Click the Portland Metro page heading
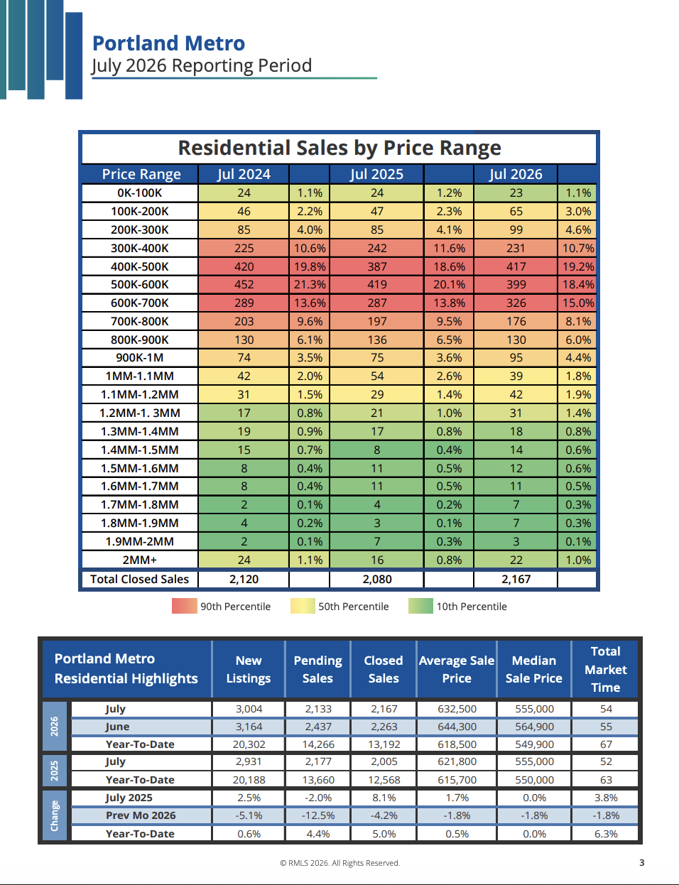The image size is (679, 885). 168,43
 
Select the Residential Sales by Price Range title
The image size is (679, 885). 339,148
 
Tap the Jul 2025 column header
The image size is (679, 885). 376,174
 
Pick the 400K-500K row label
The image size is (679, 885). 140,267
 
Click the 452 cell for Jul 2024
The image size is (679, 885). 244,284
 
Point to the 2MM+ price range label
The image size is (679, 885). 140,560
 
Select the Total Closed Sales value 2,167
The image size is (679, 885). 516,579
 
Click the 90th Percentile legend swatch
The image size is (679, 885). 185,606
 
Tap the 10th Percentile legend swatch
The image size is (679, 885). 420,606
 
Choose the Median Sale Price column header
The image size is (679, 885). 533,669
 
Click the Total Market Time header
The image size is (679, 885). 605,669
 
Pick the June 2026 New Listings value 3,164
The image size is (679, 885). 249,727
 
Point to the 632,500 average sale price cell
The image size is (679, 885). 457,709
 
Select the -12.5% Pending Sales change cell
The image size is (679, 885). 318,815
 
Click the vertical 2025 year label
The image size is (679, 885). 54,771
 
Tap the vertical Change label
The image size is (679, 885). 54,816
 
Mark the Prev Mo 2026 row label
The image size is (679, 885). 141,815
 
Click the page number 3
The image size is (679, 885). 642,862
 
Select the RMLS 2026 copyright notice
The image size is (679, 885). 340,863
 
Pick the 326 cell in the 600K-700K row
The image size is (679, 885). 516,303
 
